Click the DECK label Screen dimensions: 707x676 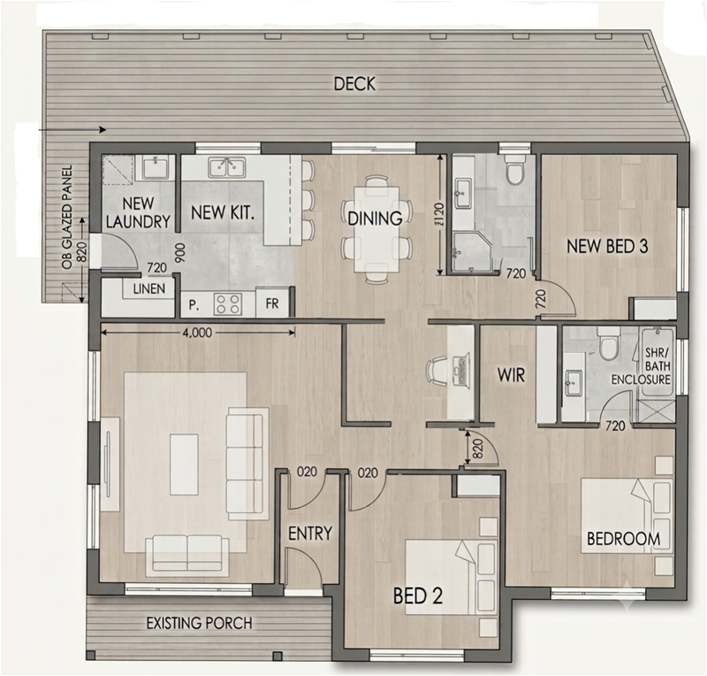point(354,84)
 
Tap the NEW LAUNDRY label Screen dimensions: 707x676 point(138,212)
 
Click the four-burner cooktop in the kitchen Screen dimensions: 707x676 point(228,303)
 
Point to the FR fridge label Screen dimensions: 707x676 point(272,303)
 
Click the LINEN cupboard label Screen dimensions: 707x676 point(149,289)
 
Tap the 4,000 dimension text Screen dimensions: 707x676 point(196,333)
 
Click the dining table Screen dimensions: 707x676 point(376,229)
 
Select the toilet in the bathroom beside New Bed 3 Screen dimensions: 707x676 point(514,170)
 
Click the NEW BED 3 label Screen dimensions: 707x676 point(607,247)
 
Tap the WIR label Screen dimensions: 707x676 point(512,374)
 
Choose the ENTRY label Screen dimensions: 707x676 point(310,534)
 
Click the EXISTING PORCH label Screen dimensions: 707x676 point(200,623)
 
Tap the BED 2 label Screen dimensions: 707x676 point(418,595)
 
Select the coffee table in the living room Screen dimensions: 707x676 point(184,465)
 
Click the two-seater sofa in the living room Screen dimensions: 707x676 point(186,556)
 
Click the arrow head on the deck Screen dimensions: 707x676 point(103,129)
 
